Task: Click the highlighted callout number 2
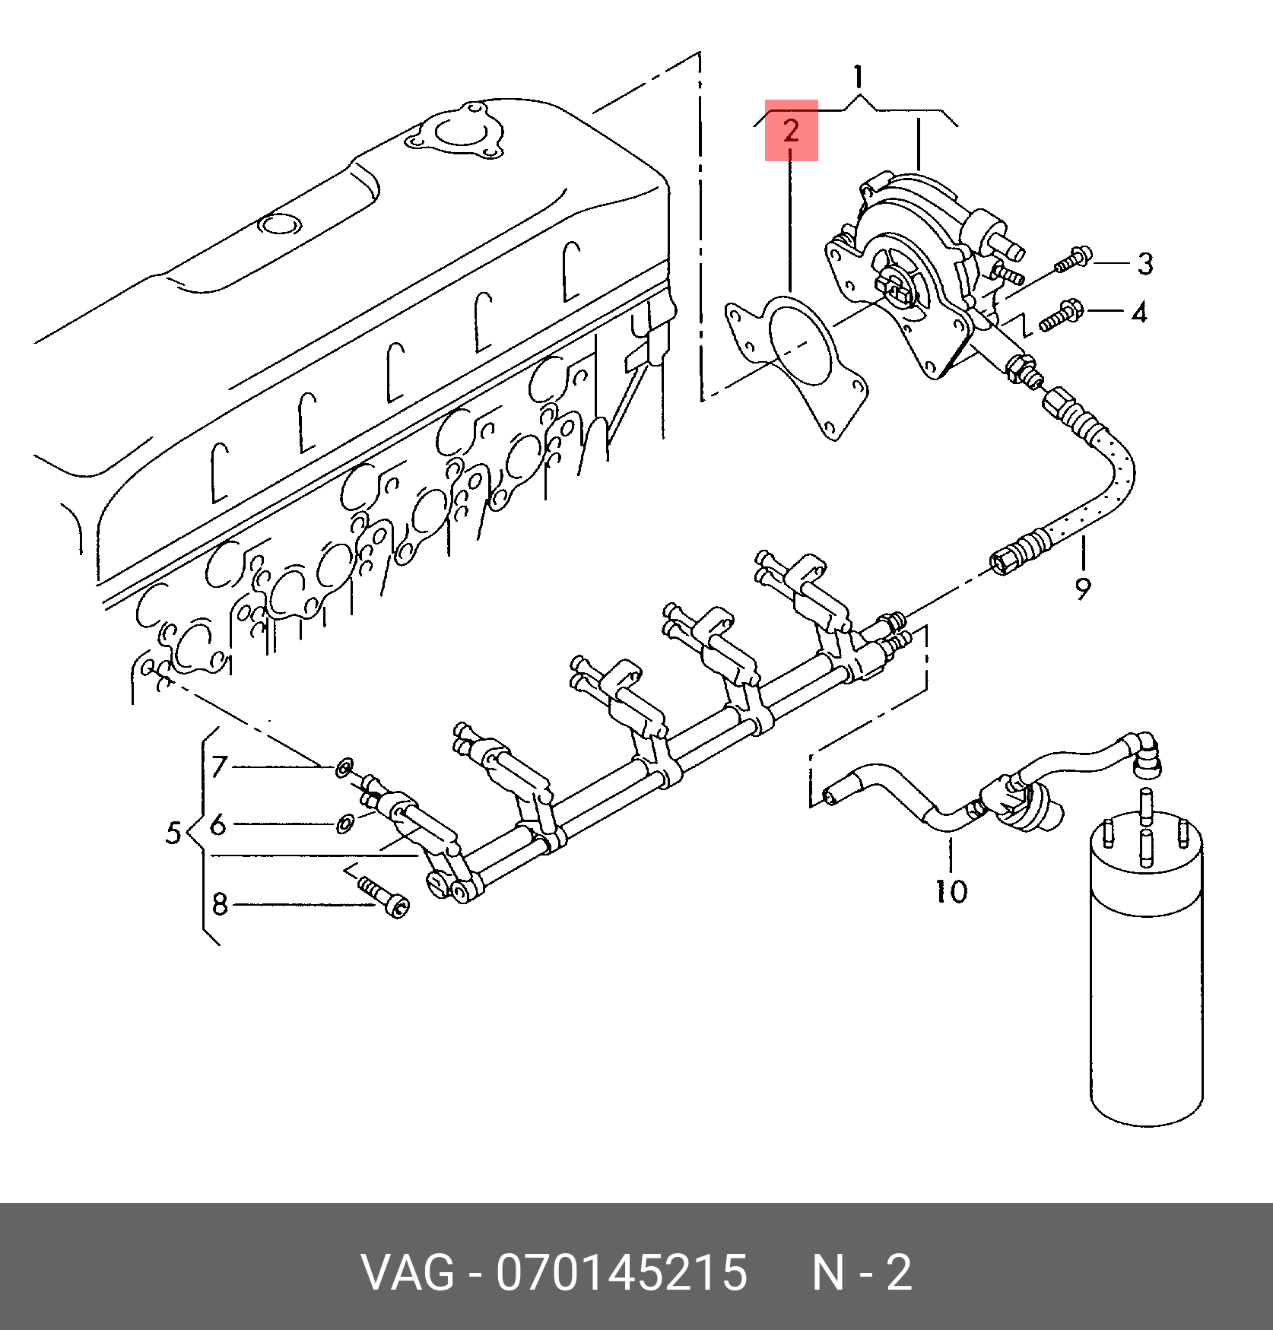tap(791, 131)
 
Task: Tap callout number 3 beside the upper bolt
tap(1144, 264)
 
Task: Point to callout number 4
tap(1138, 312)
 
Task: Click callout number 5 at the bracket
tap(174, 833)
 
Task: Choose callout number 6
tap(218, 824)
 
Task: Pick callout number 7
tap(219, 767)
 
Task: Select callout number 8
tap(220, 905)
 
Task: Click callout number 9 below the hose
tap(1083, 587)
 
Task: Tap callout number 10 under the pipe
tap(951, 890)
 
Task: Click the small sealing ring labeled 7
tap(343, 769)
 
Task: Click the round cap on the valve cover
tap(278, 226)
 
